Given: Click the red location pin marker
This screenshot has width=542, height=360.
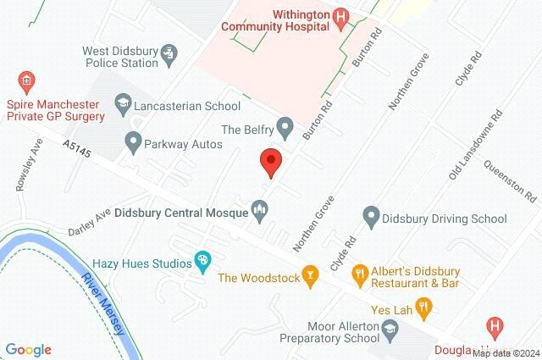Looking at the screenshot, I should click(270, 161).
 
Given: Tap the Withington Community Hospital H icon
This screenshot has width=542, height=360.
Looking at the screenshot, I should click(340, 16).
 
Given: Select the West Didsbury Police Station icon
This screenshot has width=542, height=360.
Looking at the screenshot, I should click(169, 55).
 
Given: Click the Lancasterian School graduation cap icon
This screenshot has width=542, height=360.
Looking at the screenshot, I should click(124, 107).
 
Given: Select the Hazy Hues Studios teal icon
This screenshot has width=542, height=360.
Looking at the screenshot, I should click(202, 261).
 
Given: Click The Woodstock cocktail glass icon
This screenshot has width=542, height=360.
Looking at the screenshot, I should click(312, 275).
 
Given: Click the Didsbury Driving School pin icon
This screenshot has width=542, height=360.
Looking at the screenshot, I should click(369, 217).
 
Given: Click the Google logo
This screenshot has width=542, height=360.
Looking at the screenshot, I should click(28, 349).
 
